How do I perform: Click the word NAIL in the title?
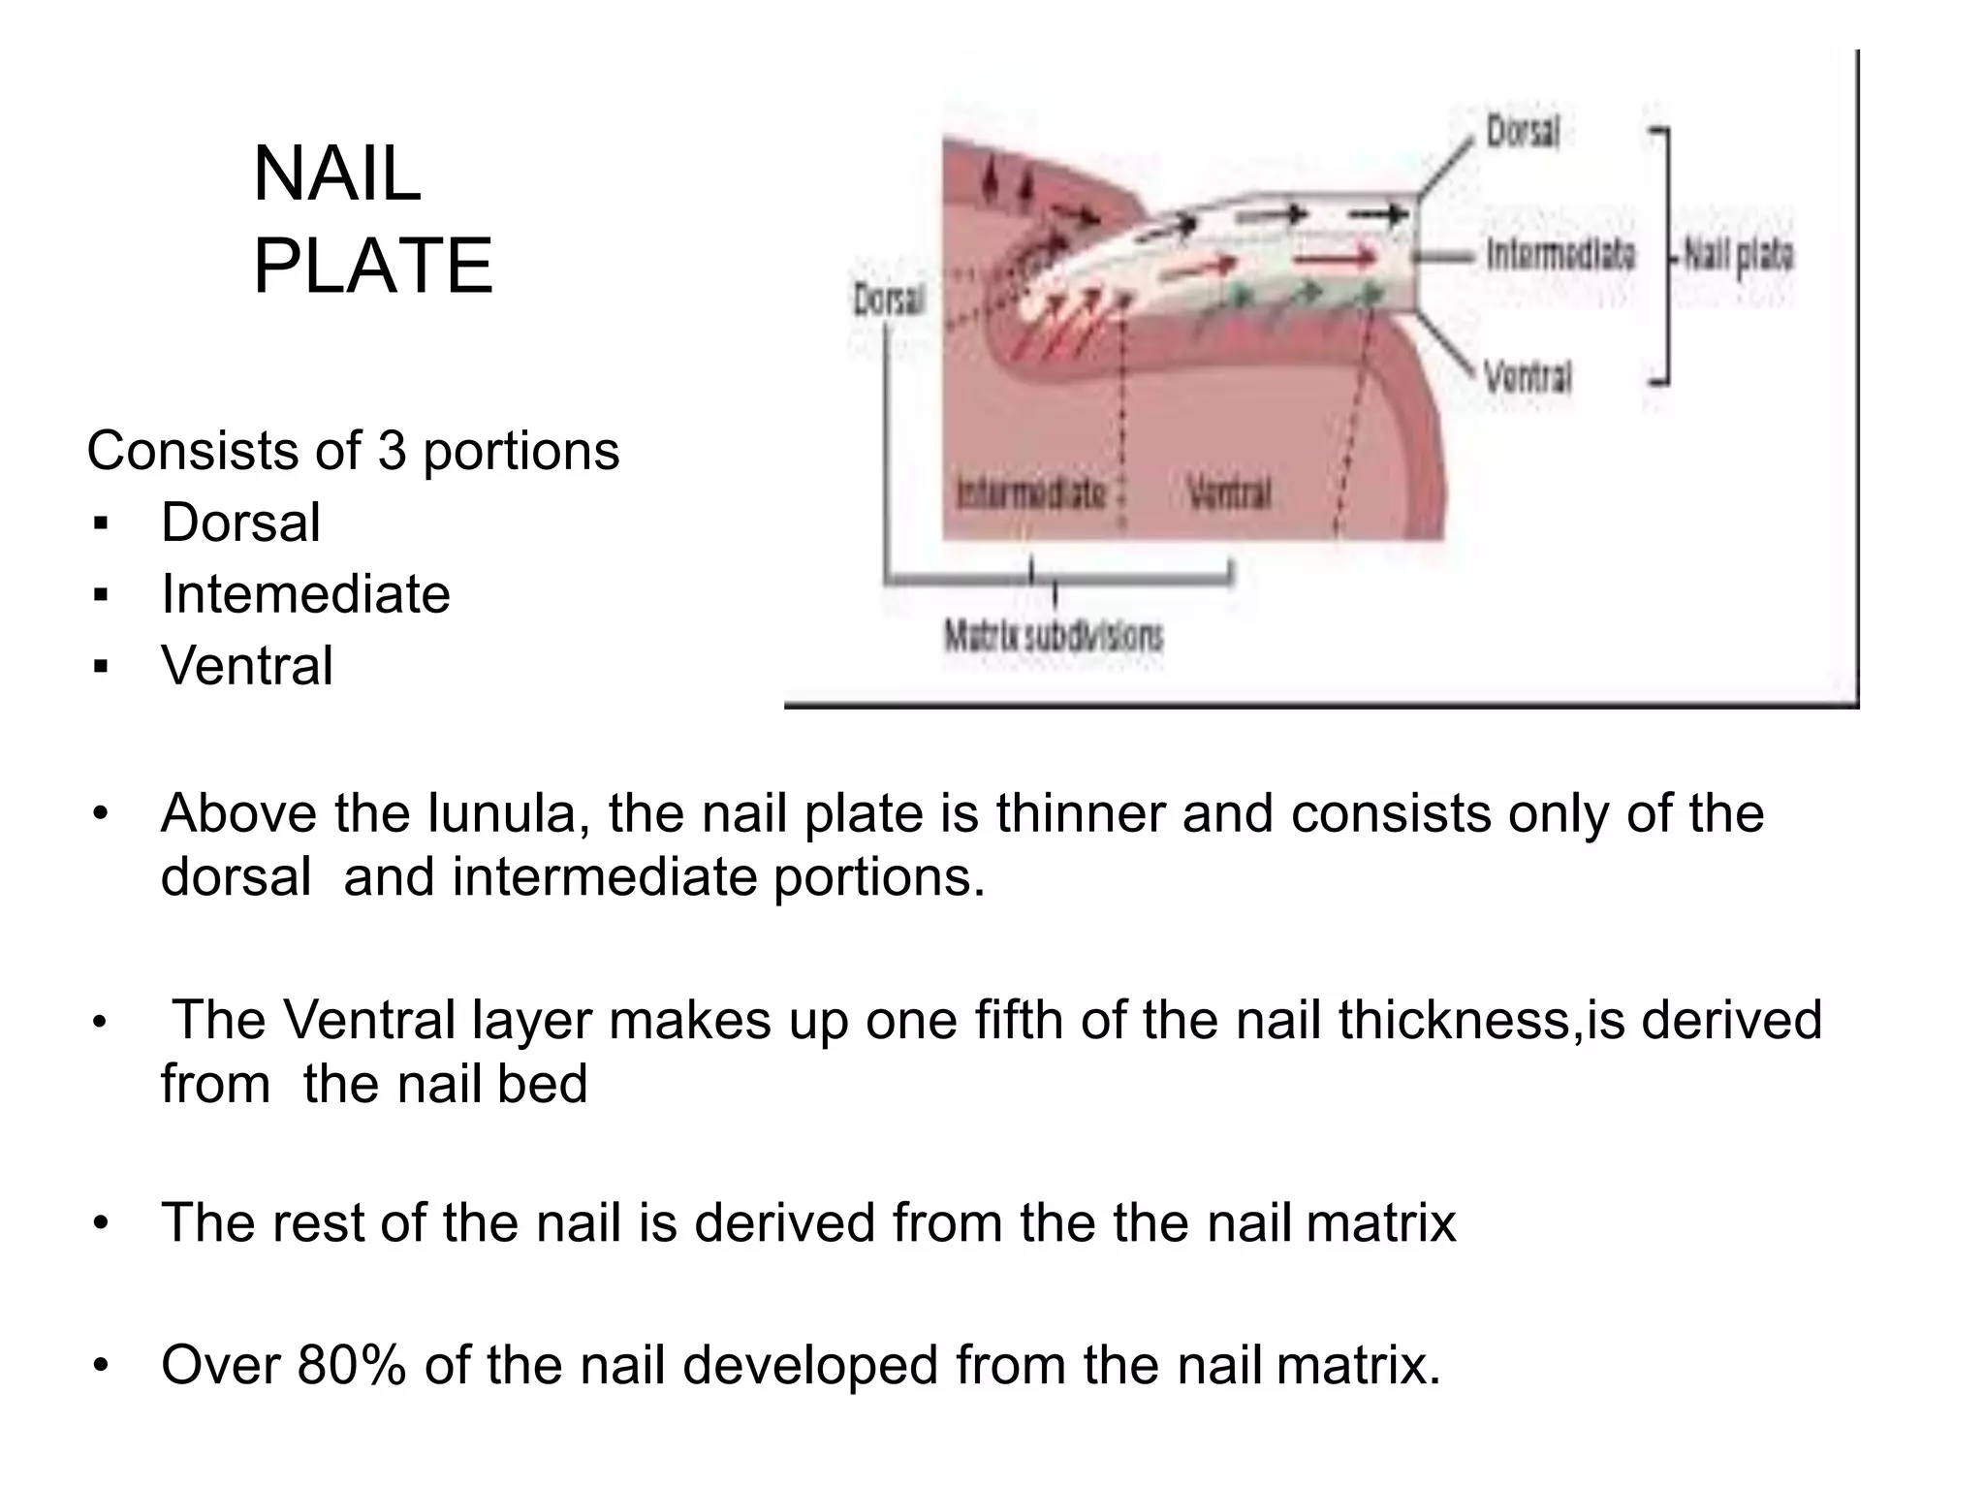click(337, 174)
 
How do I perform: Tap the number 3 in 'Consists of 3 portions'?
click(392, 451)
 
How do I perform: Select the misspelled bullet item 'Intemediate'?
click(305, 593)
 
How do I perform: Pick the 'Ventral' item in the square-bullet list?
click(247, 665)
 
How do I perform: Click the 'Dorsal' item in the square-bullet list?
click(240, 523)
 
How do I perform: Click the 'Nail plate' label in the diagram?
click(1739, 256)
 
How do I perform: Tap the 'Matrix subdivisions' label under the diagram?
click(1054, 637)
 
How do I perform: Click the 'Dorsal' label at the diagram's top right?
click(1523, 132)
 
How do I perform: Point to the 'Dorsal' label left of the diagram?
click(889, 300)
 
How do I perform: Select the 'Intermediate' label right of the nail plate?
click(1560, 255)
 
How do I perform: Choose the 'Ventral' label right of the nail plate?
click(1528, 375)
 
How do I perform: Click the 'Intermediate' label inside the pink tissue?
click(1030, 494)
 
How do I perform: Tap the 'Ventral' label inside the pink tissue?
click(1229, 494)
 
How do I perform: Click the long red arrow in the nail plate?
click(1337, 258)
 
